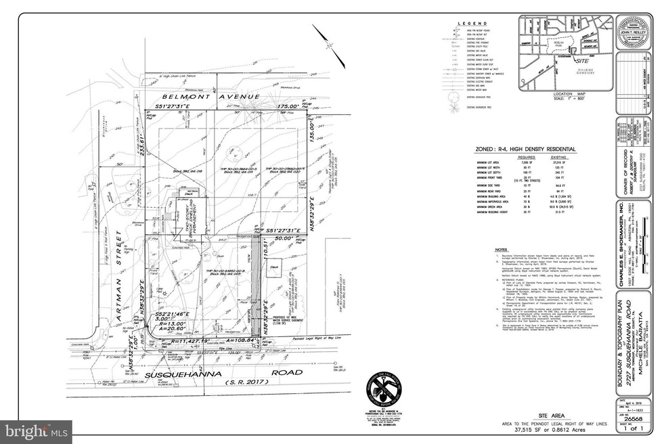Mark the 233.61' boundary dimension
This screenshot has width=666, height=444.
(142, 140)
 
